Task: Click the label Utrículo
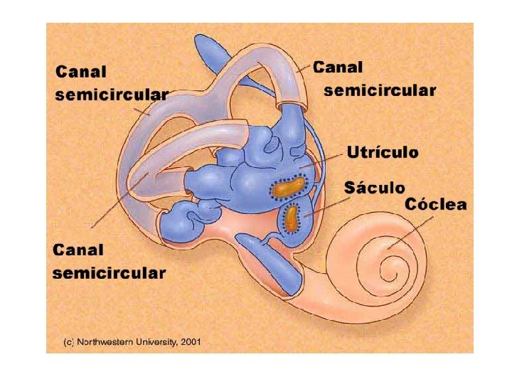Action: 382,152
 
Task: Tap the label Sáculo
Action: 374,188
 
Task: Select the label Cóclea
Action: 436,206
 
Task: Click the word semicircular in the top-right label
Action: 380,91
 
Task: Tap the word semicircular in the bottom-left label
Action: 110,272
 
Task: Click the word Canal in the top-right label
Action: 338,68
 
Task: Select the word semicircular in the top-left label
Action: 112,95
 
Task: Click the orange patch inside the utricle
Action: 287,188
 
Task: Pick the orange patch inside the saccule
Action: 292,218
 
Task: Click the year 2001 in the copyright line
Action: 191,342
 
